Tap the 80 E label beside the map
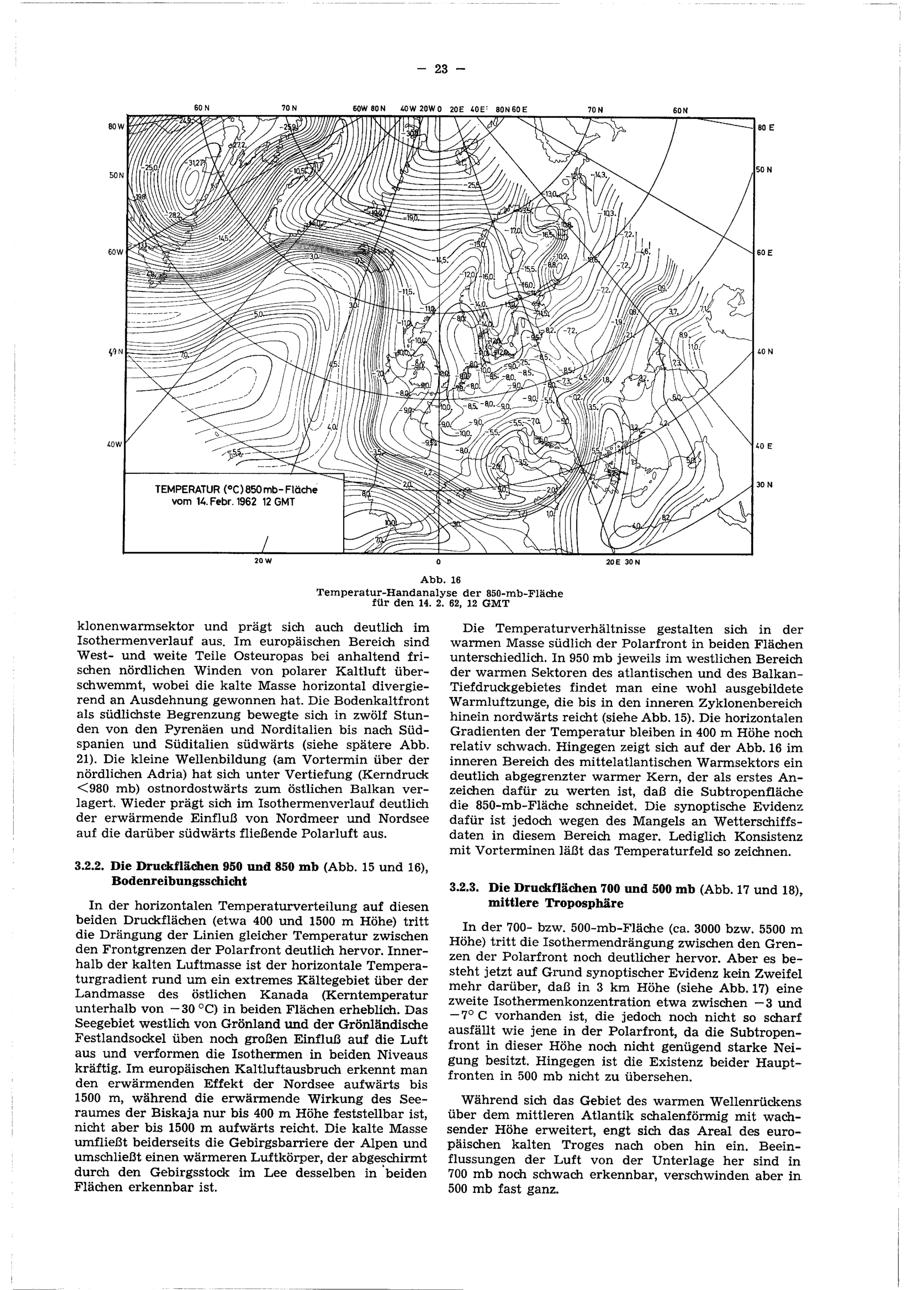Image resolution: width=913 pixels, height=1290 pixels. pos(766,128)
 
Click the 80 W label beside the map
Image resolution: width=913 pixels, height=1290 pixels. pos(115,126)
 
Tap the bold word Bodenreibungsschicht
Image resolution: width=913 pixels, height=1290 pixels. pos(179,882)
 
